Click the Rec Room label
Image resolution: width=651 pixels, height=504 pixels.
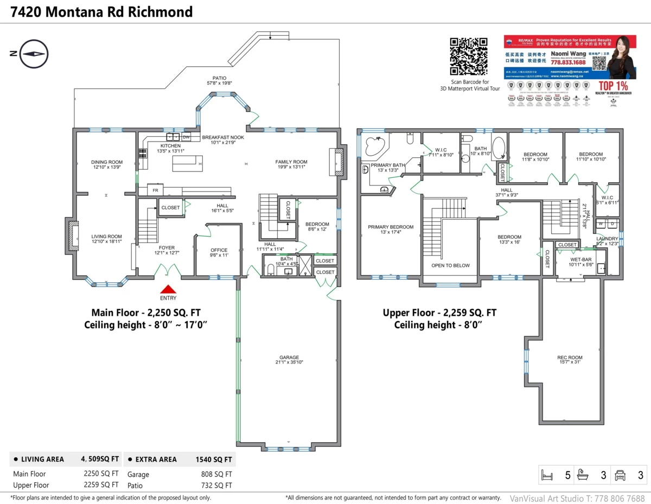click(570, 360)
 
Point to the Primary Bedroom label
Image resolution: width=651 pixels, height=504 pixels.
click(391, 230)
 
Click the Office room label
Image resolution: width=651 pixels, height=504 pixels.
click(219, 253)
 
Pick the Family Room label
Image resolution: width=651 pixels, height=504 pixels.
click(291, 164)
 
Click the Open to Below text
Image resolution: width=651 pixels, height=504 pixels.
click(450, 265)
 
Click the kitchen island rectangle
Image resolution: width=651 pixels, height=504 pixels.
click(187, 163)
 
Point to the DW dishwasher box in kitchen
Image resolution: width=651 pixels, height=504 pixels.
click(186, 137)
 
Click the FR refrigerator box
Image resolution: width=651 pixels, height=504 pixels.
click(155, 191)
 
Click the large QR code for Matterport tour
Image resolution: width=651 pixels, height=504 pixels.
click(468, 56)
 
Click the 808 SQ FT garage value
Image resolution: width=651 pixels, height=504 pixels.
click(216, 474)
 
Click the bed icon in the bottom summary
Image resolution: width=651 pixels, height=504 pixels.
click(547, 476)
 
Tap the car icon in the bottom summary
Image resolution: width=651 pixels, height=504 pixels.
click(620, 476)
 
